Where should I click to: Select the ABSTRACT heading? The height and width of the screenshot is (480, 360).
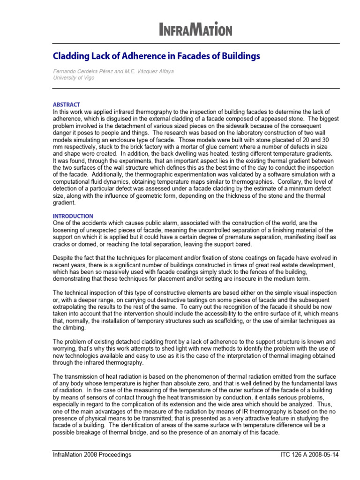point(66,105)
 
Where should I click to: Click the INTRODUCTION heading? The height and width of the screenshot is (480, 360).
point(73,216)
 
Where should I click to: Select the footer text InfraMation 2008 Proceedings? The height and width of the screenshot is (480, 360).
point(92,455)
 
